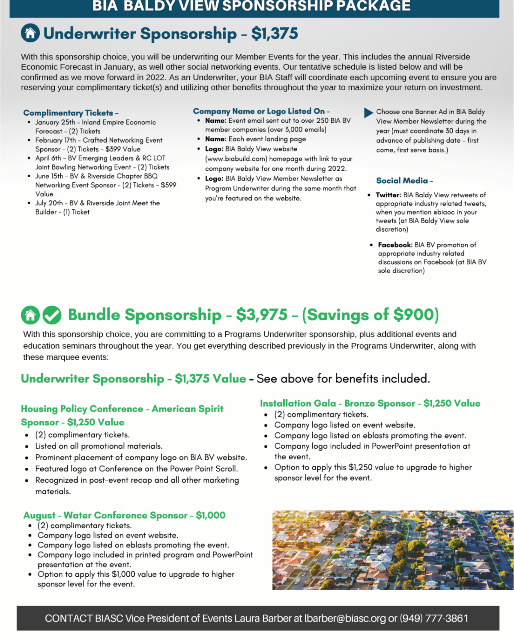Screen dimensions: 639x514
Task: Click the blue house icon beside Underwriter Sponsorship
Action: pos(30,33)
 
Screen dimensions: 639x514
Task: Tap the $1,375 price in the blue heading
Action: pos(275,33)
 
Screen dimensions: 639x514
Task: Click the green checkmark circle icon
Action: pos(52,315)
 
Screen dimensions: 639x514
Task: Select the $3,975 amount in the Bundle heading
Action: pos(262,315)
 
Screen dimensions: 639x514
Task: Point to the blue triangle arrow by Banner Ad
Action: pos(368,113)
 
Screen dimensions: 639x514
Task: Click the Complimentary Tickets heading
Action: pos(69,113)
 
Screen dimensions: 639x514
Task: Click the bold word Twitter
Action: pos(388,195)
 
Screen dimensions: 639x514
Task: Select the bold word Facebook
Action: pos(395,245)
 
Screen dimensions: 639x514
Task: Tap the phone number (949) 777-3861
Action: pos(434,618)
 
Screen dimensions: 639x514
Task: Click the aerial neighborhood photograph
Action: pos(392,550)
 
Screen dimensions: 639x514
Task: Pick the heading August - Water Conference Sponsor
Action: pos(124,515)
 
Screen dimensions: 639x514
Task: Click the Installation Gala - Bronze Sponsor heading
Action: pos(370,403)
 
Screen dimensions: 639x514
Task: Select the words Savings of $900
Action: pos(371,315)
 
